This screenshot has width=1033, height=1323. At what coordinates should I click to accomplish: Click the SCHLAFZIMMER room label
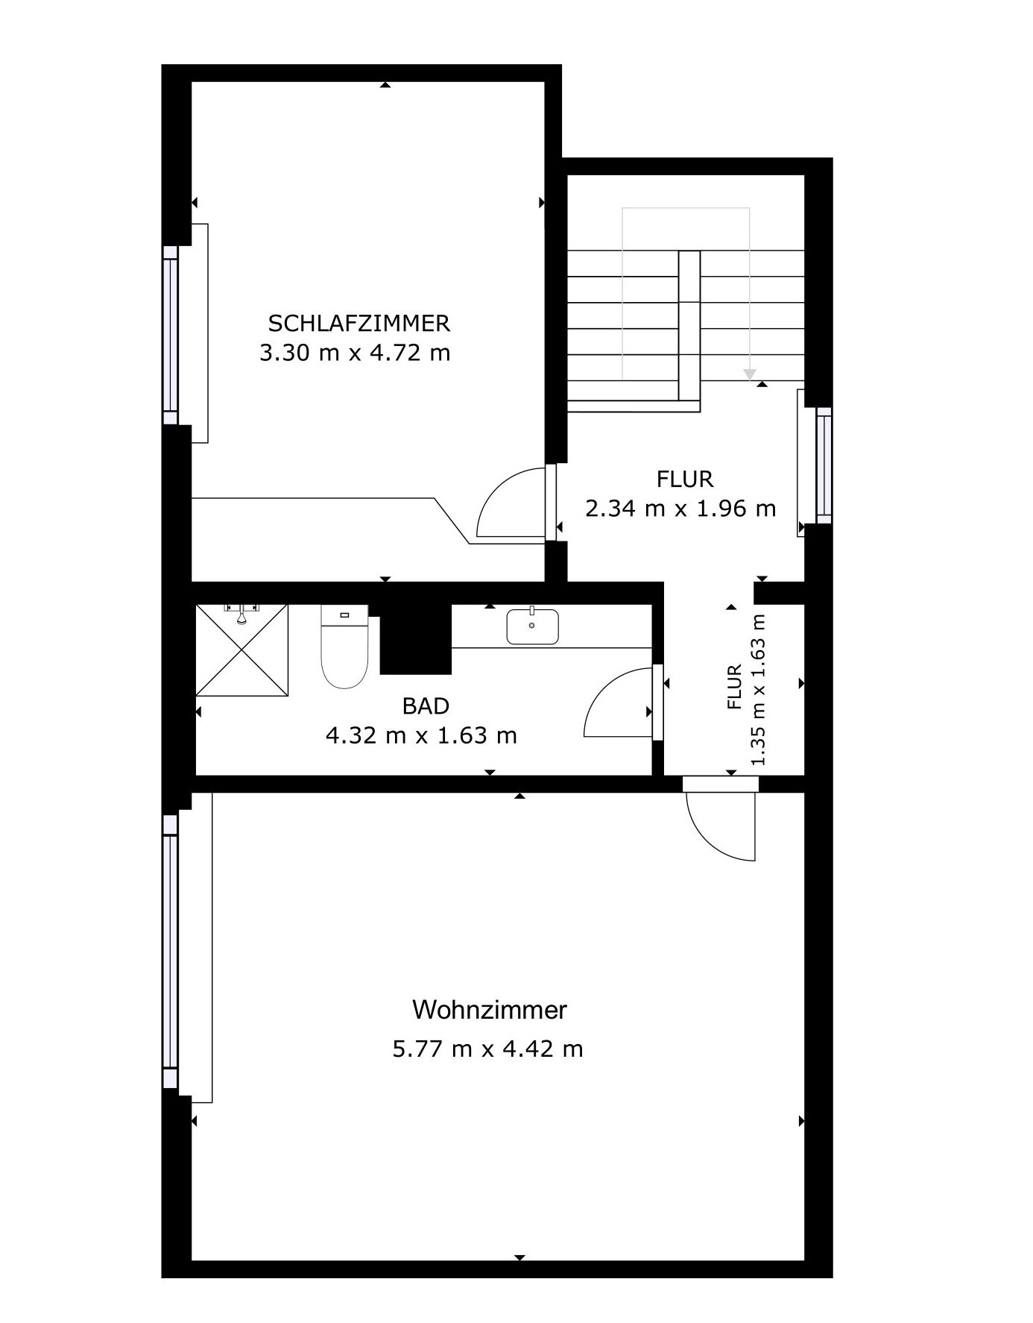pyautogui.click(x=358, y=324)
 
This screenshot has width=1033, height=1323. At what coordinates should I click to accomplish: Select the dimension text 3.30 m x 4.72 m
pyautogui.click(x=355, y=353)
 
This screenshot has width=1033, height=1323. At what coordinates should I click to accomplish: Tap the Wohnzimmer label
pyautogui.click(x=489, y=1011)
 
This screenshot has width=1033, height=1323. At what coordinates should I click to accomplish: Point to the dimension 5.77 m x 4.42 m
pyautogui.click(x=487, y=1049)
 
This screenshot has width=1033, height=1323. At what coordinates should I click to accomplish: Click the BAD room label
pyautogui.click(x=426, y=706)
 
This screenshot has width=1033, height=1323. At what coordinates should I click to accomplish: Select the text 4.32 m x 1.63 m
pyautogui.click(x=421, y=736)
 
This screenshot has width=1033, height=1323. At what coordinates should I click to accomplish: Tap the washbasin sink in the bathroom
pyautogui.click(x=532, y=626)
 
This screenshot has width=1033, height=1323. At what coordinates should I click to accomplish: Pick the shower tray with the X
pyautogui.click(x=241, y=650)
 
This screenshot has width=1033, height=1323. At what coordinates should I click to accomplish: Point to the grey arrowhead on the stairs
pyautogui.click(x=750, y=375)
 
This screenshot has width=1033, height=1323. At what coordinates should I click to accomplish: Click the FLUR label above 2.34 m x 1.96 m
pyautogui.click(x=685, y=478)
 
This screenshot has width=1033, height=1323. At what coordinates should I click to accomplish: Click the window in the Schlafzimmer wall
pyautogui.click(x=171, y=336)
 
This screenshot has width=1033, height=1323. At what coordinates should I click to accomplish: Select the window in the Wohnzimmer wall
pyautogui.click(x=171, y=951)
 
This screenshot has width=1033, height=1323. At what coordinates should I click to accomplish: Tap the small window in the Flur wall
pyautogui.click(x=824, y=465)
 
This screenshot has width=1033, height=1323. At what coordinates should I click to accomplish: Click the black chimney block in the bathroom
pyautogui.click(x=414, y=638)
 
